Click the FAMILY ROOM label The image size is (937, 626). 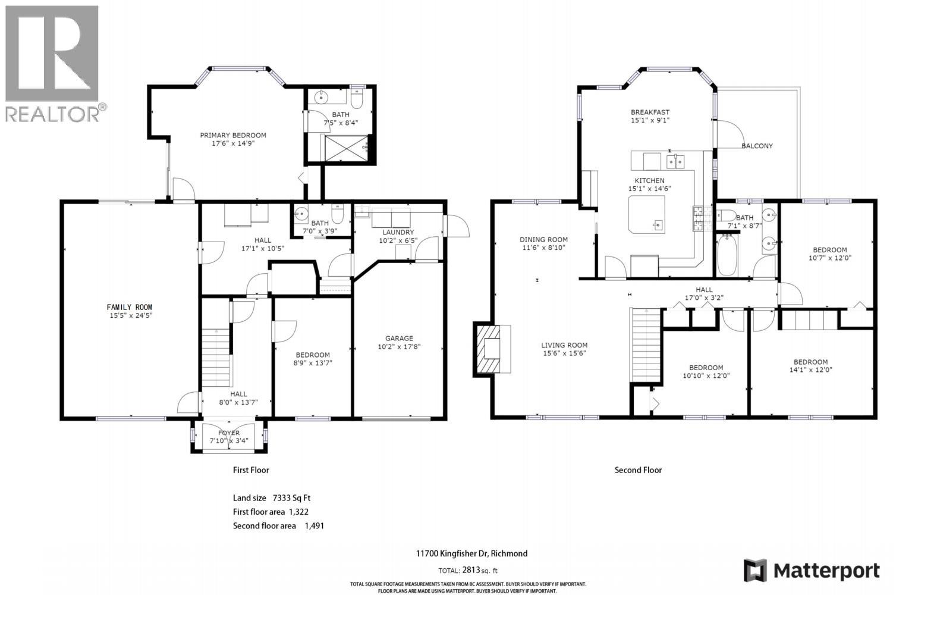(x=129, y=307)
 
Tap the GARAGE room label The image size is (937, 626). (x=398, y=338)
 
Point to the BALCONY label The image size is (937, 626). (x=757, y=146)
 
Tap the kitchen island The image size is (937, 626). (x=647, y=214)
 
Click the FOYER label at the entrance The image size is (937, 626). (x=229, y=433)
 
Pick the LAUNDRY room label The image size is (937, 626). (x=398, y=232)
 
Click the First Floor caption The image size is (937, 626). (x=250, y=470)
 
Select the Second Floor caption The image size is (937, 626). (x=637, y=470)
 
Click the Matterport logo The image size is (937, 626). (x=812, y=571)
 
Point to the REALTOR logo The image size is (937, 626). (x=52, y=62)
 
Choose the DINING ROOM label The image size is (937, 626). (x=543, y=240)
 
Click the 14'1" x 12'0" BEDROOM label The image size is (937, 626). (x=810, y=362)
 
